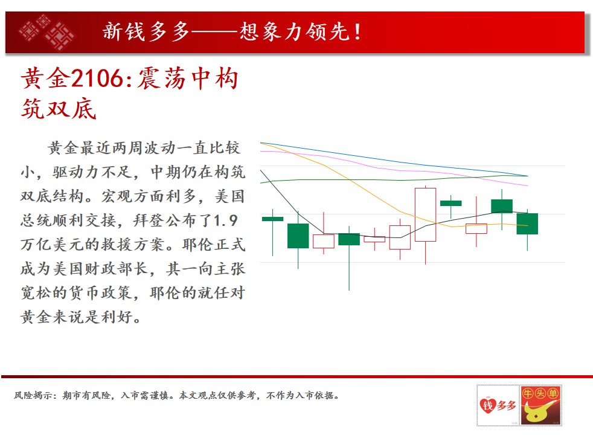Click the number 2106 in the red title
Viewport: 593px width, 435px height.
pyautogui.click(x=97, y=79)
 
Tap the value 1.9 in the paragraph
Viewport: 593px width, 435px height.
pyautogui.click(x=226, y=220)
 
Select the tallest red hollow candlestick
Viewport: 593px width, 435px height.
pyautogui.click(x=426, y=214)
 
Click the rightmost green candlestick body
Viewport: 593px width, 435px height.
pyautogui.click(x=527, y=224)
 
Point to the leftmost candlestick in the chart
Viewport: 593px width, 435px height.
pyautogui.click(x=273, y=219)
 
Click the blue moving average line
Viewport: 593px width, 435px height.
pyautogui.click(x=393, y=160)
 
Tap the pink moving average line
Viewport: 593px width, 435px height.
pyautogui.click(x=393, y=169)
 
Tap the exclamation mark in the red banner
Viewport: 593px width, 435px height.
pyautogui.click(x=357, y=32)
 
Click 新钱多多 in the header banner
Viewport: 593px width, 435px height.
pyautogui.click(x=146, y=31)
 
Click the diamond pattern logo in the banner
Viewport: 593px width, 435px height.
pyautogui.click(x=47, y=32)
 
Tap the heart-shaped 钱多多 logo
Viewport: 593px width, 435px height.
pyautogui.click(x=498, y=405)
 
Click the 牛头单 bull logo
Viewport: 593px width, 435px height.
pyautogui.click(x=541, y=405)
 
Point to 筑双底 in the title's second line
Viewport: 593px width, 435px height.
pyautogui.click(x=59, y=109)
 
